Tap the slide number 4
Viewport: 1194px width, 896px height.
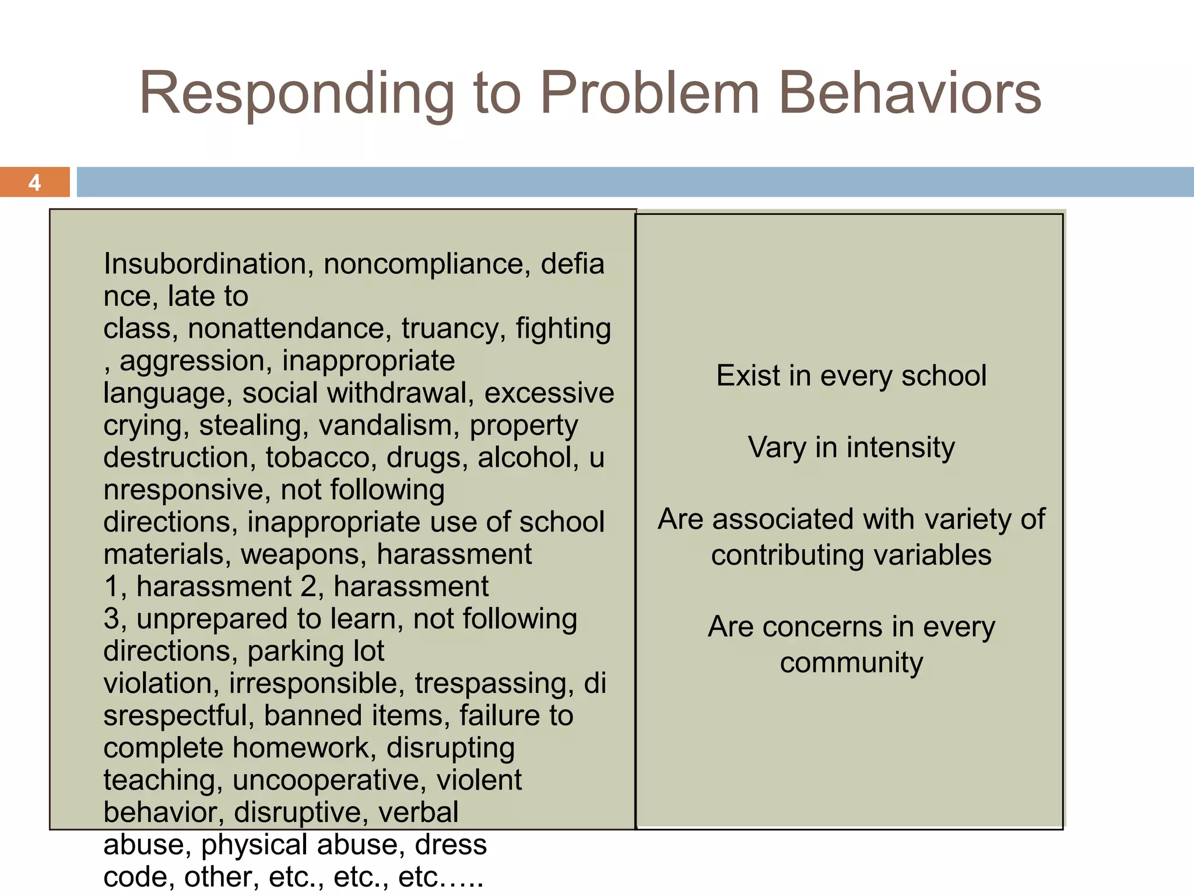pyautogui.click(x=34, y=183)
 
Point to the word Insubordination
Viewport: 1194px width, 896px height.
pyautogui.click(x=204, y=264)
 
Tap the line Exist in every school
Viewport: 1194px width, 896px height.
pyautogui.click(x=851, y=375)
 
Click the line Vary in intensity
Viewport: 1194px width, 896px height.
pyautogui.click(x=851, y=447)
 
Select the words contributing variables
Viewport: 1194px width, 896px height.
pyautogui.click(x=851, y=555)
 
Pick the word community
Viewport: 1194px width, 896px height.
pyautogui.click(x=851, y=663)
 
